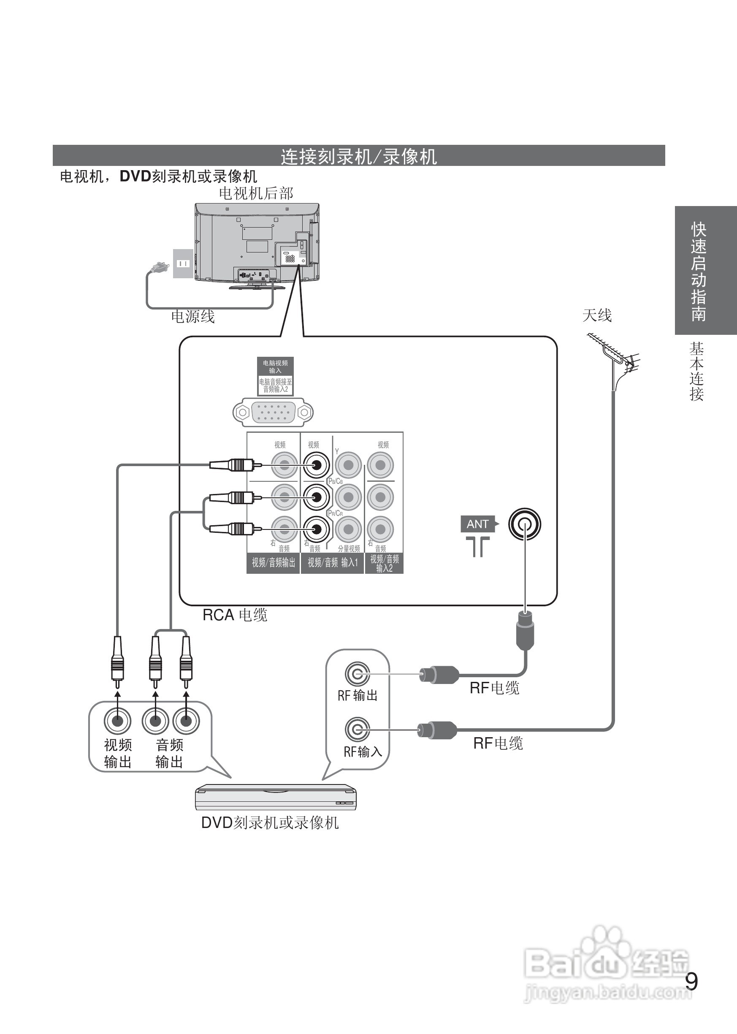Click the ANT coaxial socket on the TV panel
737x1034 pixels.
click(x=524, y=524)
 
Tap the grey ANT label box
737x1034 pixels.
click(x=478, y=524)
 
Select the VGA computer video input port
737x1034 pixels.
click(x=273, y=412)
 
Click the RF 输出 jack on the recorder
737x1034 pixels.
click(x=358, y=674)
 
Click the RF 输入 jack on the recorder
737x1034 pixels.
click(x=358, y=730)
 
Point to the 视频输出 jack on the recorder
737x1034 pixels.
click(x=117, y=720)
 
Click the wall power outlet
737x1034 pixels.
click(x=183, y=263)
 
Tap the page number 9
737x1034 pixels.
click(x=691, y=982)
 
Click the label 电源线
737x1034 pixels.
click(x=193, y=316)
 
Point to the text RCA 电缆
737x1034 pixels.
click(x=235, y=615)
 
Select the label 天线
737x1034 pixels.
click(x=597, y=315)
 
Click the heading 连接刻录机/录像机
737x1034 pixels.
click(x=358, y=156)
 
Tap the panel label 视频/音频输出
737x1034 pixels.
click(x=273, y=563)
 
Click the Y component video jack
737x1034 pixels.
click(x=348, y=465)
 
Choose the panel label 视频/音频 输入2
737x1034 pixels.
click(x=384, y=563)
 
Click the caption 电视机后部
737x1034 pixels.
click(x=256, y=193)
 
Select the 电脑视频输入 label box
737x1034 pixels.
click(x=275, y=366)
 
